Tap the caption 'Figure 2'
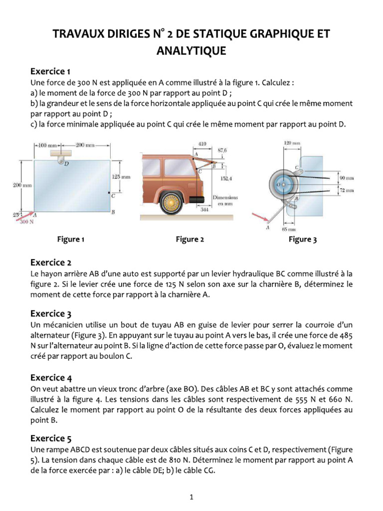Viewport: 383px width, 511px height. tap(190, 240)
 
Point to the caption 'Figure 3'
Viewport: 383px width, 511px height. tap(303, 240)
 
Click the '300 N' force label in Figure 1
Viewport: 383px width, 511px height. tap(26, 223)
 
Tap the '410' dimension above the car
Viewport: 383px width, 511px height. tap(202, 144)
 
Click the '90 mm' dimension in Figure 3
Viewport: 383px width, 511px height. tap(346, 178)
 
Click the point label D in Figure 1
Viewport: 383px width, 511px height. tap(66, 163)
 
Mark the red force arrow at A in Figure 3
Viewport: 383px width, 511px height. tap(260, 217)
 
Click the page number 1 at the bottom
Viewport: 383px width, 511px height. tap(191, 497)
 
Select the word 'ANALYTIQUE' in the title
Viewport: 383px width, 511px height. tap(191, 51)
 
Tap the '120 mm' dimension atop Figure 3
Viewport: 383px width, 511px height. tap(292, 143)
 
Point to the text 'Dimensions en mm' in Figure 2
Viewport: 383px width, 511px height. tap(225, 201)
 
